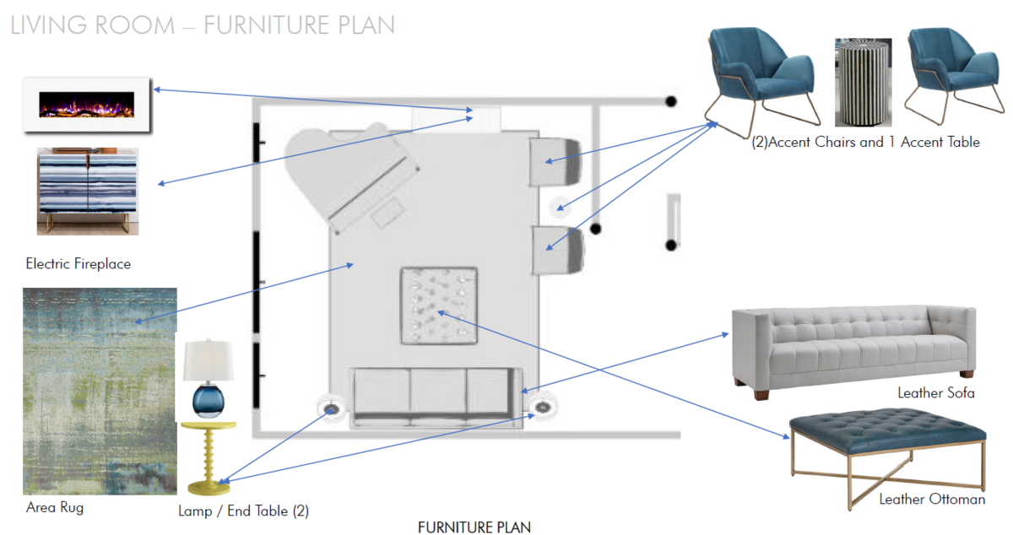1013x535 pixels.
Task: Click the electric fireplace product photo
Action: [x=87, y=105]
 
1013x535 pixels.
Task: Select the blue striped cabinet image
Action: [x=87, y=192]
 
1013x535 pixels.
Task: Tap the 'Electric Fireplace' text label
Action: [x=79, y=264]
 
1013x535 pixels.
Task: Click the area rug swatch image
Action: [x=100, y=391]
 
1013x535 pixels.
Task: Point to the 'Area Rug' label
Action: [x=55, y=508]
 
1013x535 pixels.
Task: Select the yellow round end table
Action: [x=209, y=457]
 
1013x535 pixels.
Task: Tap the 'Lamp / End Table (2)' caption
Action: [x=238, y=511]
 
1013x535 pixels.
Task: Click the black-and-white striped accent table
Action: [x=859, y=83]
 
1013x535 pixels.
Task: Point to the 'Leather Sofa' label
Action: [x=935, y=393]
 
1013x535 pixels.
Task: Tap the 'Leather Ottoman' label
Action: [x=932, y=500]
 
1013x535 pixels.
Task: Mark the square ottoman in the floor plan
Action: [x=438, y=305]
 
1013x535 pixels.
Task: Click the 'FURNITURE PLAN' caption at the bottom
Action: [x=474, y=527]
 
